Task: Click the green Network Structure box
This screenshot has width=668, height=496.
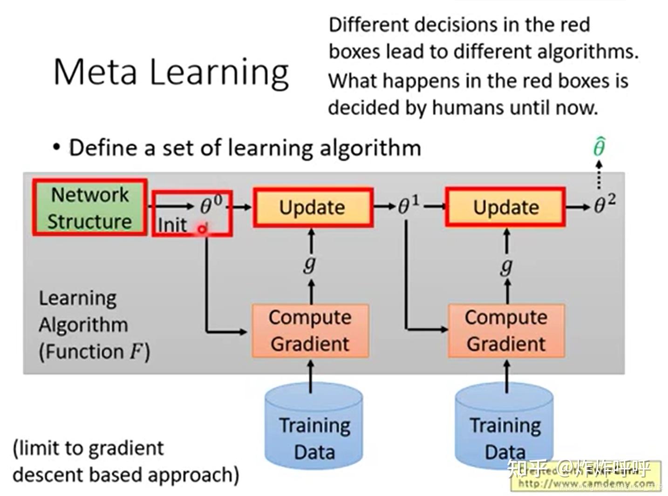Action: click(90, 207)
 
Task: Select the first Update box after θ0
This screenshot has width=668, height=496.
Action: click(313, 207)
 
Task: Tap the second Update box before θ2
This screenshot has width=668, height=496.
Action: click(505, 207)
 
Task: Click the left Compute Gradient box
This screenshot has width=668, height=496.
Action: click(310, 331)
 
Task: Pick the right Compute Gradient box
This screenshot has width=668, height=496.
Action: click(506, 331)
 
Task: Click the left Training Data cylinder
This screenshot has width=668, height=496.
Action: click(314, 426)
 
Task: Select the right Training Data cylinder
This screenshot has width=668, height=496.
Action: click(504, 426)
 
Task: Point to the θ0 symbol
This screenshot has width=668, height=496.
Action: click(211, 205)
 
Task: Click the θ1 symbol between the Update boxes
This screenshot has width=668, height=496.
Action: click(409, 205)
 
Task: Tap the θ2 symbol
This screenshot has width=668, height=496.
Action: click(604, 204)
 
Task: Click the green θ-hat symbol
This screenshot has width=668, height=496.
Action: click(599, 147)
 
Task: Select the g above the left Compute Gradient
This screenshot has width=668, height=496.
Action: click(310, 264)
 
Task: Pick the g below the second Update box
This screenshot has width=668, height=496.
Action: click(506, 266)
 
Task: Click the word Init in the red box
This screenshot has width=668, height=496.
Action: click(172, 225)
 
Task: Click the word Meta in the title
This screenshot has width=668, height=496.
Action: click(96, 72)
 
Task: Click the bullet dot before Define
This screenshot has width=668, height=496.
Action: click(57, 148)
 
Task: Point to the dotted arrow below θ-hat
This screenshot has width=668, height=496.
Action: click(599, 175)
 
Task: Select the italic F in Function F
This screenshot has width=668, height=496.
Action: click(136, 351)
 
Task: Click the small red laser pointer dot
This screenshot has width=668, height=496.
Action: click(202, 229)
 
